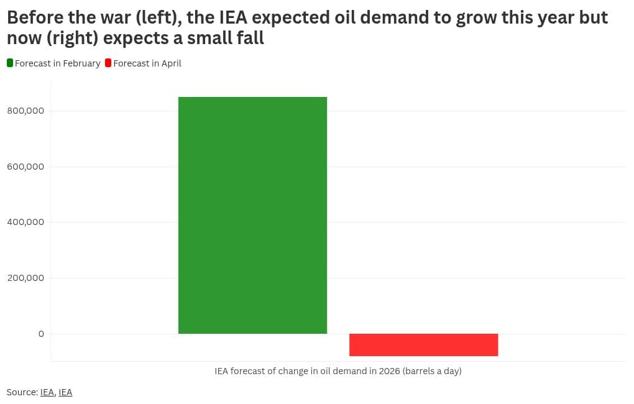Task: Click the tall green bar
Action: click(x=252, y=215)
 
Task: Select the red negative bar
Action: click(x=423, y=345)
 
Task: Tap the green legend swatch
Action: click(x=10, y=63)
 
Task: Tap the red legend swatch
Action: click(x=108, y=63)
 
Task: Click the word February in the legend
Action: click(x=80, y=63)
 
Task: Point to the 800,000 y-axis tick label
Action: click(x=25, y=111)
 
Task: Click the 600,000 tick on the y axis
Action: click(x=25, y=167)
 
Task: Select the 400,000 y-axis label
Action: click(x=25, y=222)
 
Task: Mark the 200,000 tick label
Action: click(x=25, y=278)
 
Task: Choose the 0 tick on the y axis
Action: click(x=41, y=334)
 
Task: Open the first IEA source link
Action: click(x=47, y=392)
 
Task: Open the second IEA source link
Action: click(x=65, y=392)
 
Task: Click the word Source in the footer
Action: click(x=21, y=392)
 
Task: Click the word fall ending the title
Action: click(x=250, y=38)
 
